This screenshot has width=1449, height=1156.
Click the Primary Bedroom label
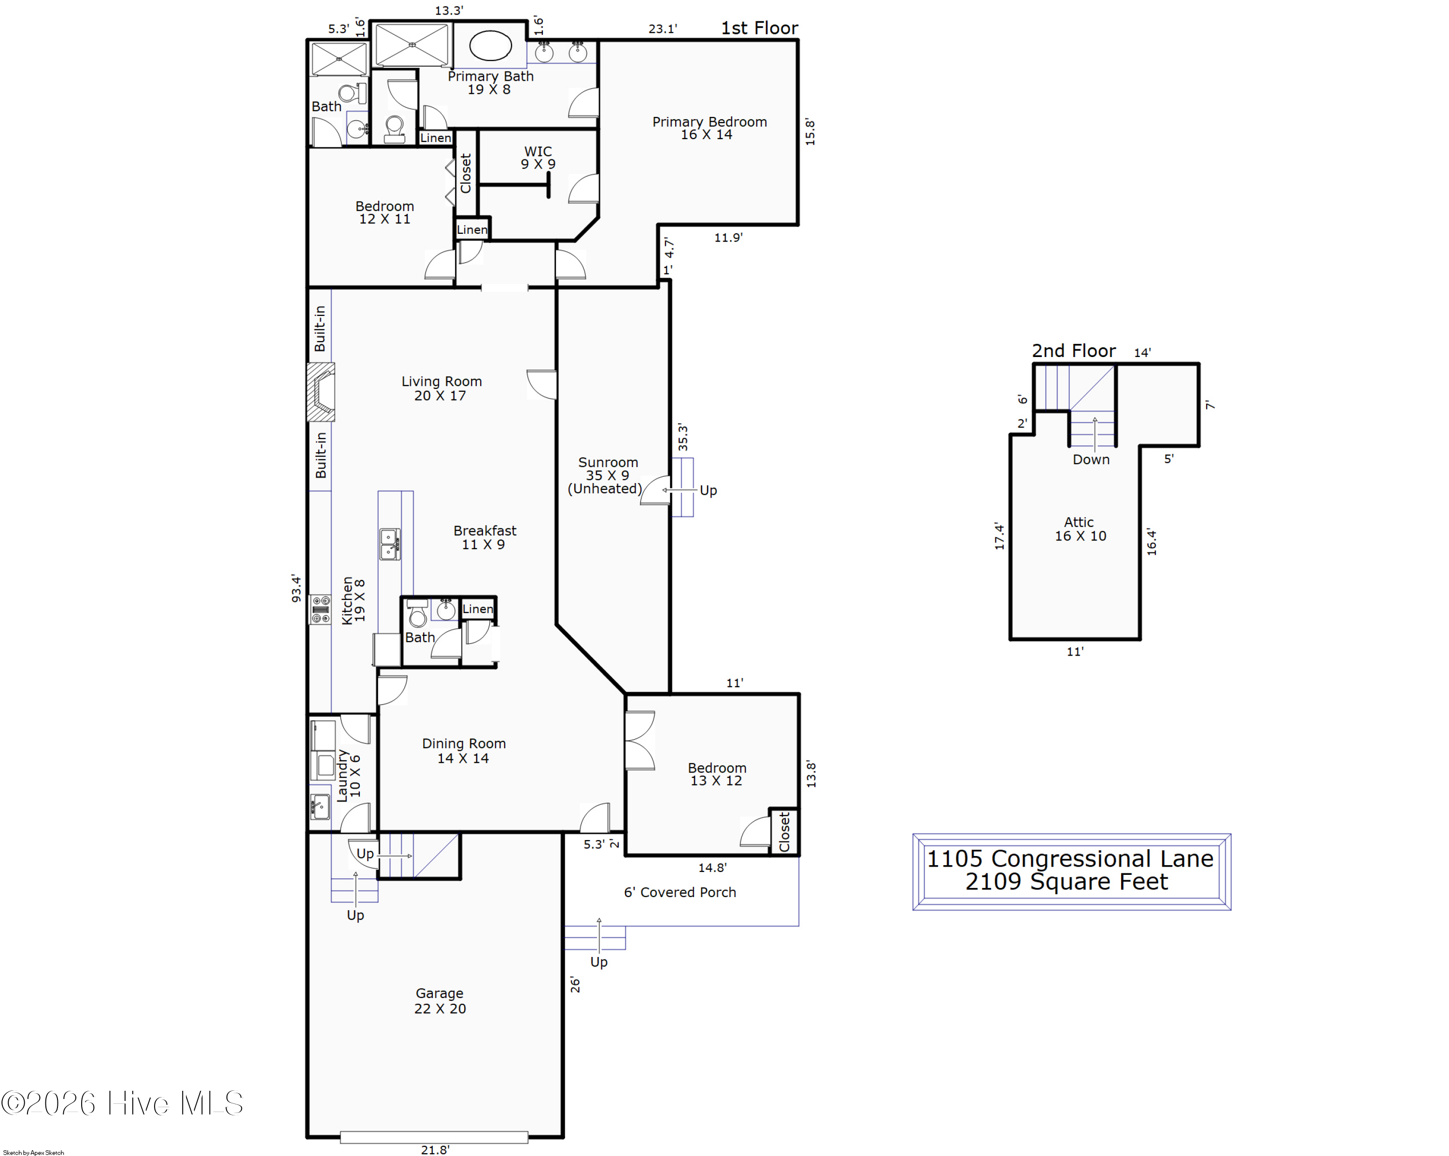(709, 128)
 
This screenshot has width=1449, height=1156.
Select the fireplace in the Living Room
(321, 392)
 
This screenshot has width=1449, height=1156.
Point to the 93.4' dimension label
(296, 588)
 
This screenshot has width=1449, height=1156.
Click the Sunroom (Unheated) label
(606, 475)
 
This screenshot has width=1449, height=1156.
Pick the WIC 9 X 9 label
(538, 157)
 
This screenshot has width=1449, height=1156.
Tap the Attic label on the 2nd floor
(1080, 528)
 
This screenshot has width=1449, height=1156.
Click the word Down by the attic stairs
(1091, 460)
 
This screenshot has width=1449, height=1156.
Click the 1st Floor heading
(759, 28)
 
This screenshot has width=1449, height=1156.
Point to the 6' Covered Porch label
(680, 892)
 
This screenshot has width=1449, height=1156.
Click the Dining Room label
(464, 750)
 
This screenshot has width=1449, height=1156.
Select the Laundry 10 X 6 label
(348, 775)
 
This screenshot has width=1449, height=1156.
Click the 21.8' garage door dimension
(435, 1149)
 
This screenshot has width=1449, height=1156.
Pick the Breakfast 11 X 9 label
(484, 537)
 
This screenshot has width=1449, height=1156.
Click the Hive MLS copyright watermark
(122, 1103)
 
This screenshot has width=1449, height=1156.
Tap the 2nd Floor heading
(1073, 350)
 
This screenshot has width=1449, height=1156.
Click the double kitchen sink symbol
(390, 544)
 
